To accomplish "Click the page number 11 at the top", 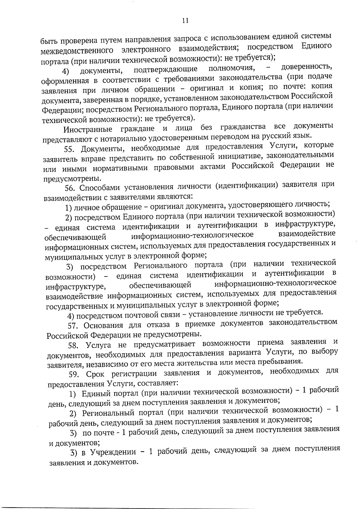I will tap(185, 20).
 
